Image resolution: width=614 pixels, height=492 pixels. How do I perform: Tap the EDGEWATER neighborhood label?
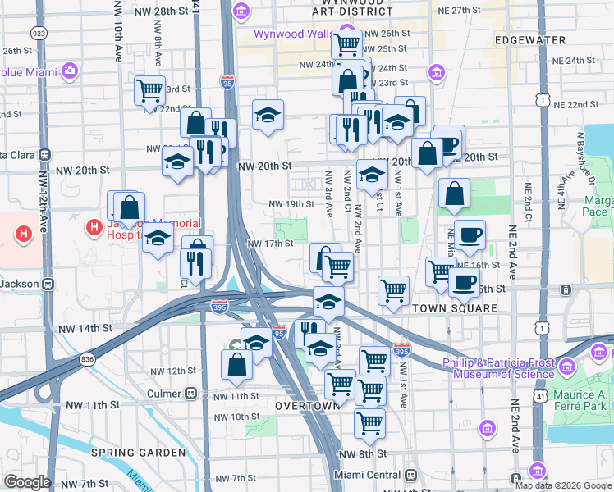pos(530,40)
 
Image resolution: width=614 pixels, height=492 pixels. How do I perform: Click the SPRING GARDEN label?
pos(138,453)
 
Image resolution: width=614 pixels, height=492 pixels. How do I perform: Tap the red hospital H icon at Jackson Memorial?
pos(95,225)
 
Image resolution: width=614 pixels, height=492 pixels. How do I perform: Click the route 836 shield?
pos(88,359)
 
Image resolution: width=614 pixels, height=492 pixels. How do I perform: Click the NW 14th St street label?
pos(85,328)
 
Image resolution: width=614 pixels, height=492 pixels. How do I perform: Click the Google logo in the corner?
pos(26,482)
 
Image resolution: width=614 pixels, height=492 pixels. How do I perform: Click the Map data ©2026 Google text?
pos(563,485)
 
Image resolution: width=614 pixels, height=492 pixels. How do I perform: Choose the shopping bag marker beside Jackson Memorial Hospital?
pos(130,207)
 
